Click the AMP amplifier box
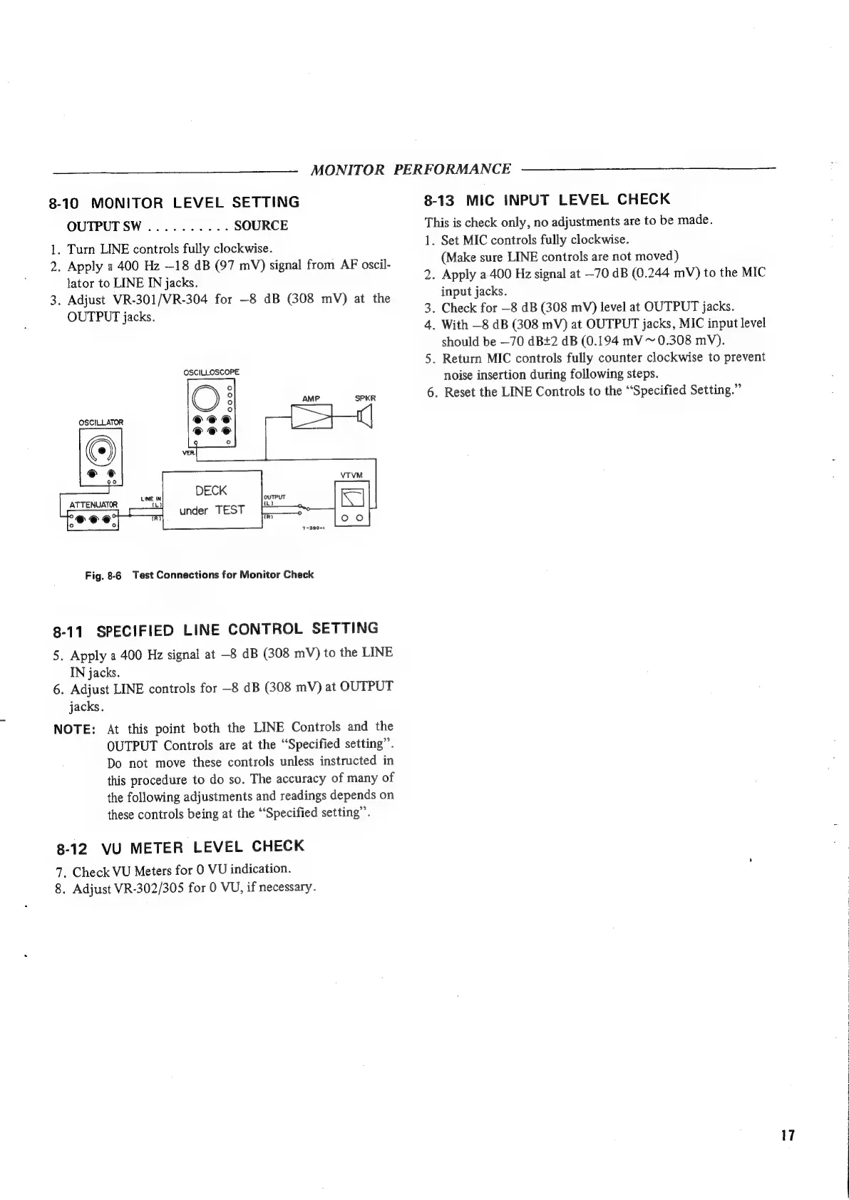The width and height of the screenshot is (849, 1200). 313,416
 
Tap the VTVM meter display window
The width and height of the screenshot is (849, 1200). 353,496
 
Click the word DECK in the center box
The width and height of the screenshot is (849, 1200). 211,491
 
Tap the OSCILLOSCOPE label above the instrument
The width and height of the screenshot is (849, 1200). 212,372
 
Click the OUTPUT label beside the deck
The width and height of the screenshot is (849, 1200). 274,497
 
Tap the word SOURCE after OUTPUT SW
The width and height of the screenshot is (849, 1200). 261,226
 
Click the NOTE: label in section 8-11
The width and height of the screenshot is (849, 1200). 75,729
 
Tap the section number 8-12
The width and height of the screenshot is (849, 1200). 73,850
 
